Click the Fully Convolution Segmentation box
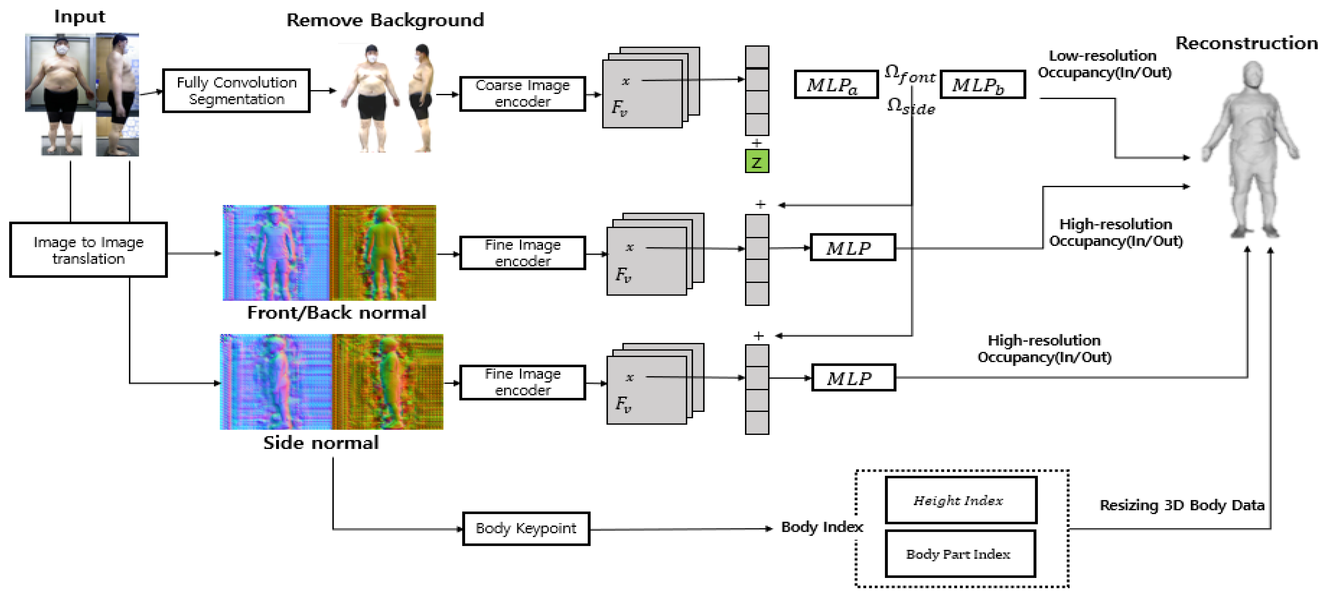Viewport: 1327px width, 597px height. pos(236,91)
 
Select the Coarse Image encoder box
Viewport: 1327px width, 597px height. pos(522,93)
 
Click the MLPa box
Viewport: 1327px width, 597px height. pos(835,85)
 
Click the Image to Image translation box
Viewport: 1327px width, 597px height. pos(88,250)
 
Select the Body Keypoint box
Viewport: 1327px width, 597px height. pos(526,529)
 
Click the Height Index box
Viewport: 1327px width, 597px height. pos(960,500)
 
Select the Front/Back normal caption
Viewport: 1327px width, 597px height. pos(336,312)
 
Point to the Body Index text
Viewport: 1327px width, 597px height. pos(821,527)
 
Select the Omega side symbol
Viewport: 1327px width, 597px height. pos(910,106)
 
